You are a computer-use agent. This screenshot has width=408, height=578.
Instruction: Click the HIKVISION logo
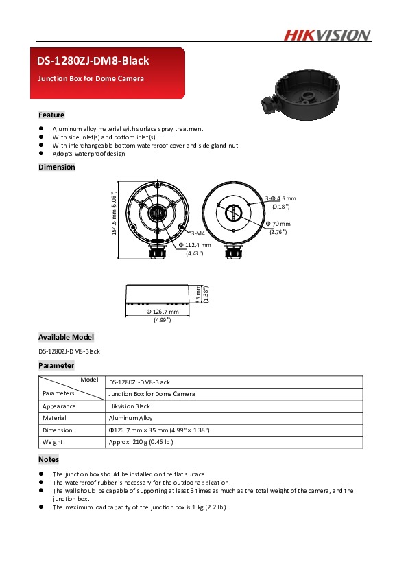pos(327,35)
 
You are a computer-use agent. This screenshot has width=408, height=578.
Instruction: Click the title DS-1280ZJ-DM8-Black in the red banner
pos(93,61)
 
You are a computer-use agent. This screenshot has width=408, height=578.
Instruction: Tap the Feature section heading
pos(51,115)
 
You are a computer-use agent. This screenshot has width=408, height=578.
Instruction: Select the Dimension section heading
pos(57,167)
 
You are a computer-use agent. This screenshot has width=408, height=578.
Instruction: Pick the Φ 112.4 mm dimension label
pos(197,245)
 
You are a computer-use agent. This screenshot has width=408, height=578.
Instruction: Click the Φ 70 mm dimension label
pos(281,224)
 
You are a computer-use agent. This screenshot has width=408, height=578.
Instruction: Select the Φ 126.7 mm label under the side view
pos(162,312)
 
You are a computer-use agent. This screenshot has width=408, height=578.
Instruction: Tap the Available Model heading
pos(66,337)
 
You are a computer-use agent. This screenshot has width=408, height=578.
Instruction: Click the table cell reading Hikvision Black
pos(130,406)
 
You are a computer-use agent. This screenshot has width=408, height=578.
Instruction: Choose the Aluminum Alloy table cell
pos(130,417)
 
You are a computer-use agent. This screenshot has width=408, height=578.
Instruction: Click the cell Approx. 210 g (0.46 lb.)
pos(141,442)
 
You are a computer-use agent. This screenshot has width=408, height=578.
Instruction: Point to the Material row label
pos(54,417)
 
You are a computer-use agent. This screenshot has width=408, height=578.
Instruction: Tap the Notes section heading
pos(49,459)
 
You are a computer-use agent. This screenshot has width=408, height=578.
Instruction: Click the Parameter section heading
pos(56,366)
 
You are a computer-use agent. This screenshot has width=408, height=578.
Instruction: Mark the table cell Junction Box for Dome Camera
pos(152,394)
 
